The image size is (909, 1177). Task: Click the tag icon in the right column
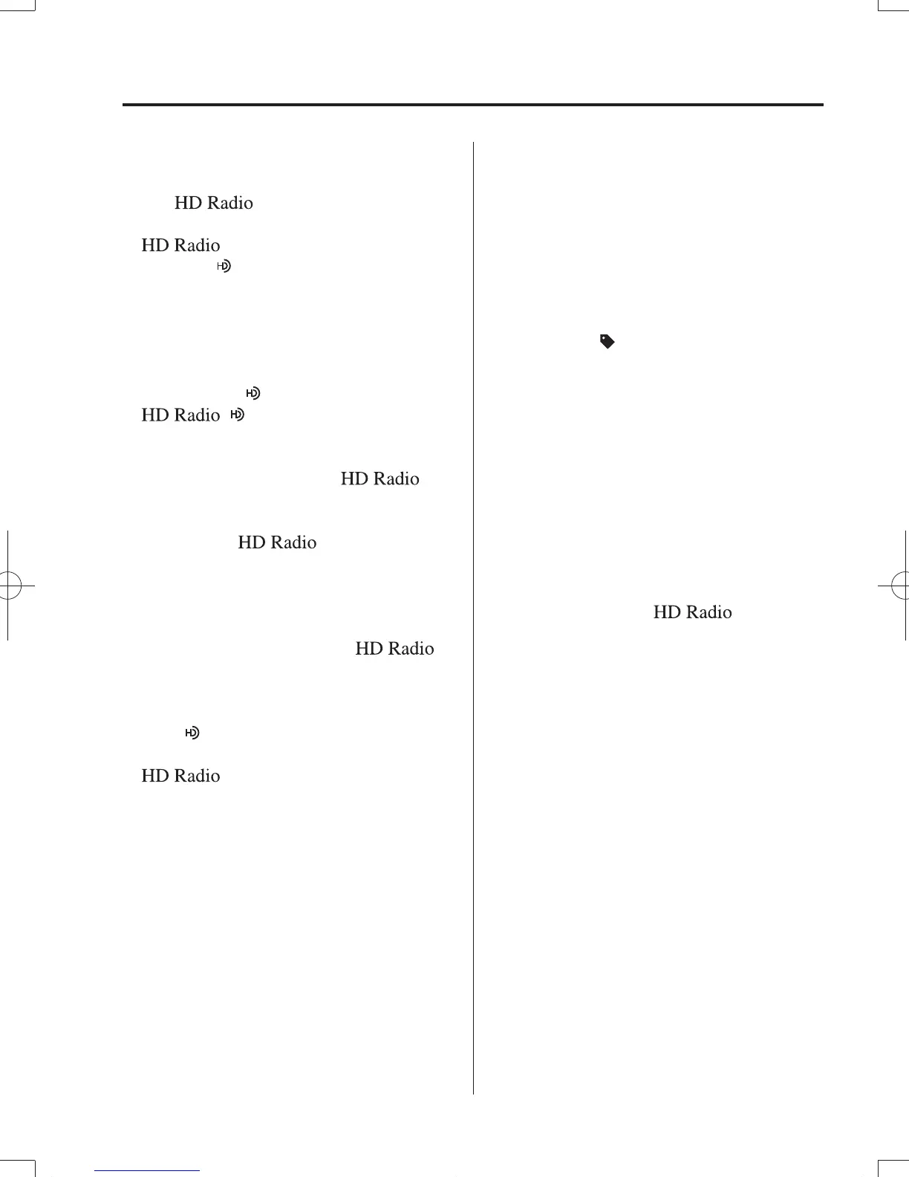[607, 342]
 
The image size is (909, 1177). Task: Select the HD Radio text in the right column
[692, 612]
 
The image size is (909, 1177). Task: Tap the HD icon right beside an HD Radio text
[238, 415]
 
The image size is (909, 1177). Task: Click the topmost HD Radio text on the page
[213, 203]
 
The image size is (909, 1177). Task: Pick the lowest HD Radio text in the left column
[180, 776]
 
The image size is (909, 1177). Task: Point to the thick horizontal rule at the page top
[472, 105]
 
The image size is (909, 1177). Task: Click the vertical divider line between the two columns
[473, 617]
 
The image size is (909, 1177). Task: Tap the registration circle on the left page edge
[7, 586]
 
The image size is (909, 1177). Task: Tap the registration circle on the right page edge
[902, 586]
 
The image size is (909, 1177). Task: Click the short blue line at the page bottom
[148, 1171]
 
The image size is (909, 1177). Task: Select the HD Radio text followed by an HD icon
[180, 415]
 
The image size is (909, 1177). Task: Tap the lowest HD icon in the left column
[192, 733]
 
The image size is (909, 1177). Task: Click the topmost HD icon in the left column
[224, 266]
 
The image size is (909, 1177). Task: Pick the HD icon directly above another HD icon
[253, 393]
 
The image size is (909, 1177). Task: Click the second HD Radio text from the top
[180, 245]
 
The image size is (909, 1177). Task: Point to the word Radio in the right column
[709, 612]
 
